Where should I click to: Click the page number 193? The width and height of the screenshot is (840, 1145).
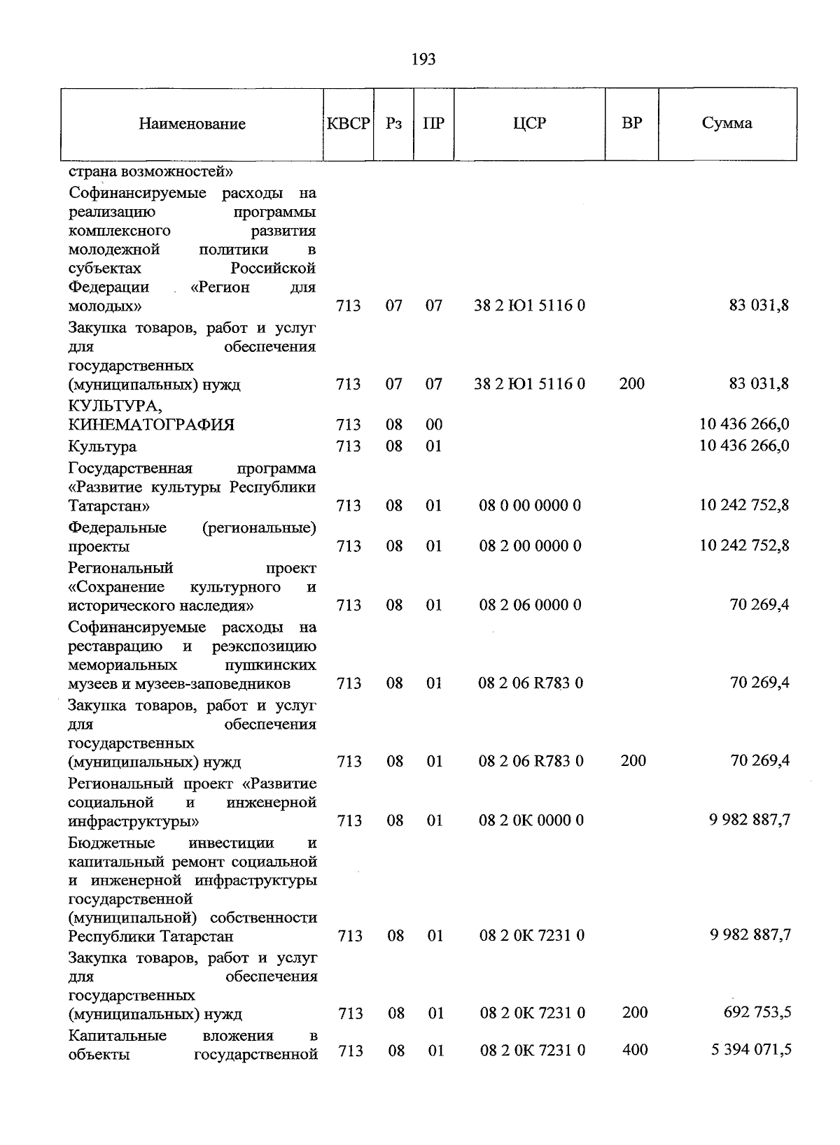(423, 59)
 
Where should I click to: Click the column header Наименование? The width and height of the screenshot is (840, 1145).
(192, 124)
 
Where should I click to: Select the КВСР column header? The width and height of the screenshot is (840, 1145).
(349, 124)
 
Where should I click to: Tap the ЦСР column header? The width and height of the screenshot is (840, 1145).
(529, 123)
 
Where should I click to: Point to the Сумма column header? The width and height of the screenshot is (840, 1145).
(727, 123)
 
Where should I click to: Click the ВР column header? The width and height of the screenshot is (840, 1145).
(631, 123)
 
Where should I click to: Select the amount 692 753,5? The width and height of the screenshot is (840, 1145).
(757, 1012)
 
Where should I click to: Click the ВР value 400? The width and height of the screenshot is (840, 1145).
(634, 1049)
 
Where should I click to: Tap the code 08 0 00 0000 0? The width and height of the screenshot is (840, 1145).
(530, 505)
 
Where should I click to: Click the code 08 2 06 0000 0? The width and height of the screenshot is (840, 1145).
(530, 605)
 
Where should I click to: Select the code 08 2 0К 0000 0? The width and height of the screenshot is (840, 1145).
(531, 820)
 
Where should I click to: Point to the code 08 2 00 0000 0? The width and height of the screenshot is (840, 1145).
(530, 546)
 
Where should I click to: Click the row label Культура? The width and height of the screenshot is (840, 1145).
(102, 446)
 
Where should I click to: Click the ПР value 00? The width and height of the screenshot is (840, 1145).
(434, 425)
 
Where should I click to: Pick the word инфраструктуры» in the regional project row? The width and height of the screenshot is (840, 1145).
(134, 820)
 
